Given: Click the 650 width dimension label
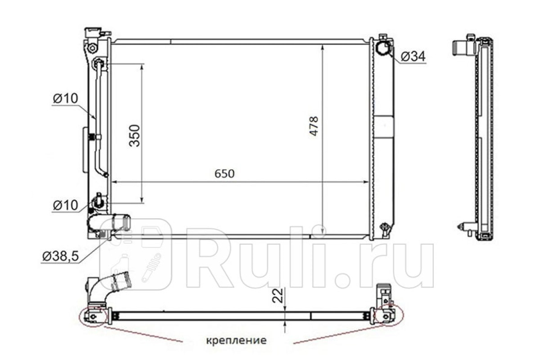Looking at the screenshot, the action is point(225,174).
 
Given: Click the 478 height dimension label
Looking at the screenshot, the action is point(314,126).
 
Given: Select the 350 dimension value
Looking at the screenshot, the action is point(134,136).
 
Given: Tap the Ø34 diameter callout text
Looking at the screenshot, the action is point(413,57).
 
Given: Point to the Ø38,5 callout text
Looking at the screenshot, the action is point(61,256).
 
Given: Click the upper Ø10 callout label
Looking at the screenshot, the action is point(66,99).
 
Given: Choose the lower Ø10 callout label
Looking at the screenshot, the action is point(66,206).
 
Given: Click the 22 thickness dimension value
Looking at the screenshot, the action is point(278,296).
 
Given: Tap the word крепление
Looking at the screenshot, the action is point(237,341).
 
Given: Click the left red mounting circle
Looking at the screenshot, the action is point(94,317).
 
